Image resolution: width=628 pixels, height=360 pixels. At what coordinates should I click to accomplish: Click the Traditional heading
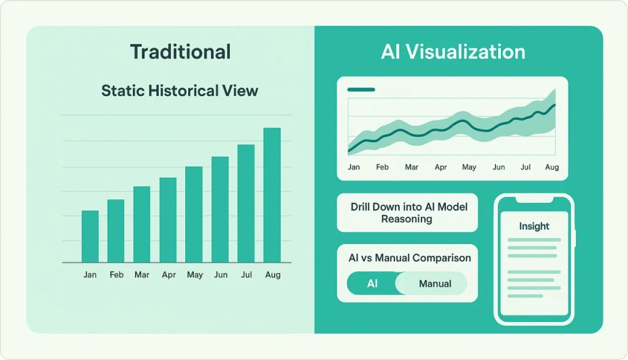(x=180, y=52)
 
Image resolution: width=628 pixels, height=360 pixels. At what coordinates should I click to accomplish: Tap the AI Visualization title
(x=453, y=52)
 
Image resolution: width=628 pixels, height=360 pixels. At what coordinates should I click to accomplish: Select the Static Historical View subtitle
(x=180, y=91)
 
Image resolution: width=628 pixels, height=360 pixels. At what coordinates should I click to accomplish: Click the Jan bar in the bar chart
(x=90, y=237)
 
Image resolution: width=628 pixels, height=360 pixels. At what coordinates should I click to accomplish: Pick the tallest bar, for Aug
(x=272, y=196)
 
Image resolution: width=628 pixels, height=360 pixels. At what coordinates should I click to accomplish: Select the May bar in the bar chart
(x=194, y=215)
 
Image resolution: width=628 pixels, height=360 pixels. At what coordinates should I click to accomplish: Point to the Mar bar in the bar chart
(x=142, y=224)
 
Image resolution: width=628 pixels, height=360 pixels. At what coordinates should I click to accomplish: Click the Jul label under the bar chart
(x=247, y=275)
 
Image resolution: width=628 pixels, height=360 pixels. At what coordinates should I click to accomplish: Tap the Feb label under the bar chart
(x=117, y=275)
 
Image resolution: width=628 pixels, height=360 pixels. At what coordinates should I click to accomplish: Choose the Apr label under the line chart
(x=440, y=167)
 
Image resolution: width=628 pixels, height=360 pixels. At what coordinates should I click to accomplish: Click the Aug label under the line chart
(x=552, y=167)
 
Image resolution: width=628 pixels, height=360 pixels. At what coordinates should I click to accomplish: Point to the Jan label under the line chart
(x=354, y=167)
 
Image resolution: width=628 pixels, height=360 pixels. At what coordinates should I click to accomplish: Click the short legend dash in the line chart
(x=361, y=90)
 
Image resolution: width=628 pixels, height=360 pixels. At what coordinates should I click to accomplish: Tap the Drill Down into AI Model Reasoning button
(x=407, y=213)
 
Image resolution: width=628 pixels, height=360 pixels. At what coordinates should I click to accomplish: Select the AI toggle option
(x=372, y=283)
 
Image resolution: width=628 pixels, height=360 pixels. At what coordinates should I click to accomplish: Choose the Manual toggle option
(x=435, y=283)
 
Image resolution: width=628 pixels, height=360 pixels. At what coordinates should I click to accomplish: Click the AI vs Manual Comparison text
(x=410, y=258)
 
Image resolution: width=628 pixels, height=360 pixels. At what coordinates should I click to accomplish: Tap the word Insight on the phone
(x=534, y=226)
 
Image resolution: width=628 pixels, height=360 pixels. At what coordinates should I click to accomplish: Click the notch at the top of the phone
(x=534, y=199)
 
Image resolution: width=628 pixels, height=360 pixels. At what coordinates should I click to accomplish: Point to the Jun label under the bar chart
(x=221, y=275)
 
